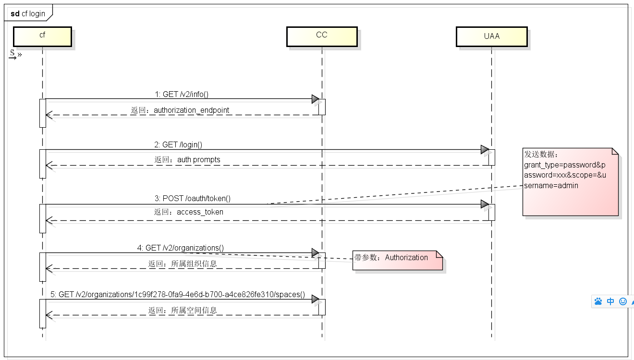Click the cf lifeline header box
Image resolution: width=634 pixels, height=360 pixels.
[x=42, y=36]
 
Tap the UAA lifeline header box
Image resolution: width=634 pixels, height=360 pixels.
[x=491, y=36]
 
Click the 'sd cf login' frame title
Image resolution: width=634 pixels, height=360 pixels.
[x=28, y=13]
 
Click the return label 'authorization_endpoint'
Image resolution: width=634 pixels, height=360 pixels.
[x=191, y=110]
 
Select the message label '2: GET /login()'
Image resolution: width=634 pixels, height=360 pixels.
[x=182, y=144]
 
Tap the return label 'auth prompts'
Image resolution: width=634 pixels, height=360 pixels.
[x=199, y=160]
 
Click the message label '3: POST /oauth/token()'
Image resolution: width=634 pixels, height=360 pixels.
[x=196, y=198]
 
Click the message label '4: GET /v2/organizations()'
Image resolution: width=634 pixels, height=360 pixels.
[x=180, y=248]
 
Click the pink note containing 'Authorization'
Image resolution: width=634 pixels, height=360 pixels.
[x=397, y=260]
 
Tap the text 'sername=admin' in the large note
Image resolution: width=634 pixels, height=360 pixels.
[x=551, y=186]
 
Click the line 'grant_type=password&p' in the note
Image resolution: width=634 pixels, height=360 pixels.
[x=565, y=165]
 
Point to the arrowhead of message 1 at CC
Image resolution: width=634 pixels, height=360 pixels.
[x=315, y=99]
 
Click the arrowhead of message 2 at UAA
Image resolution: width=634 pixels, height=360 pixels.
[x=485, y=150]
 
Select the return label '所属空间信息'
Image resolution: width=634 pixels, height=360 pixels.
[x=194, y=311]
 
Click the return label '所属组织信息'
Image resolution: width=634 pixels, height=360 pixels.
[x=194, y=264]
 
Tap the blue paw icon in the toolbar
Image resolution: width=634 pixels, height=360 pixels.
[x=598, y=301]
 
